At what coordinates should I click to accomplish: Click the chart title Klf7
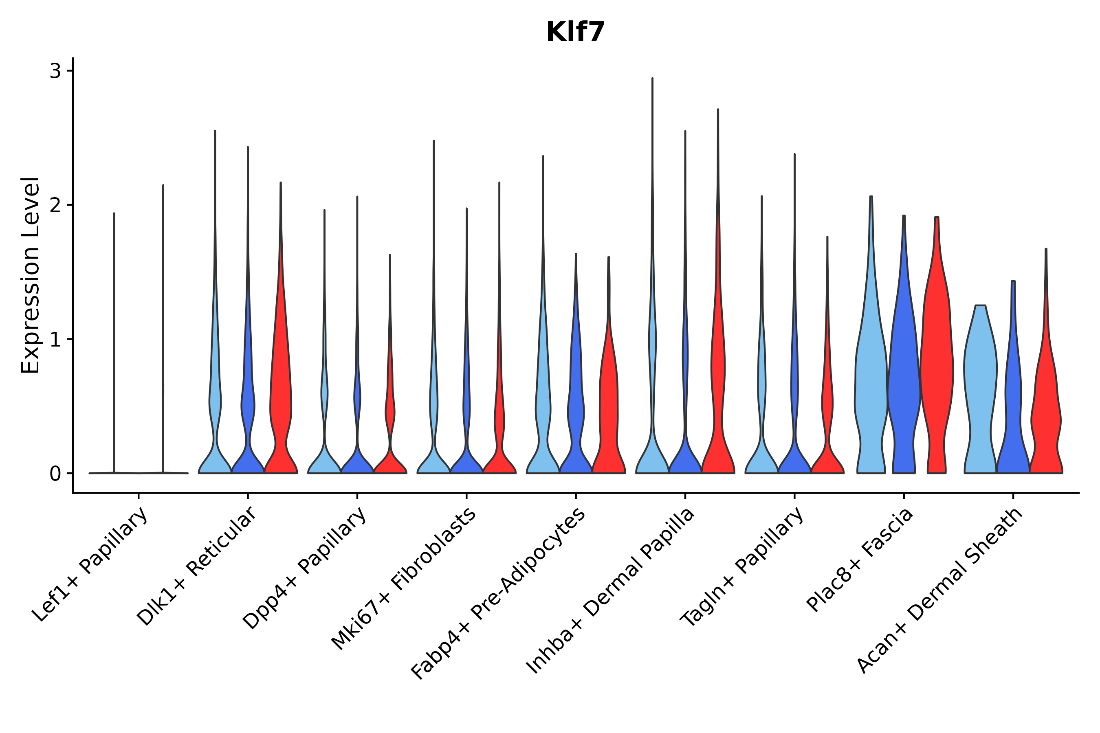click(575, 32)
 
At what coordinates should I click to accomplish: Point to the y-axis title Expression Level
click(31, 275)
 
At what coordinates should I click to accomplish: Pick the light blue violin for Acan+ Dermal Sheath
click(980, 374)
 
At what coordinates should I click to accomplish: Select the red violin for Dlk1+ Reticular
click(281, 397)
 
